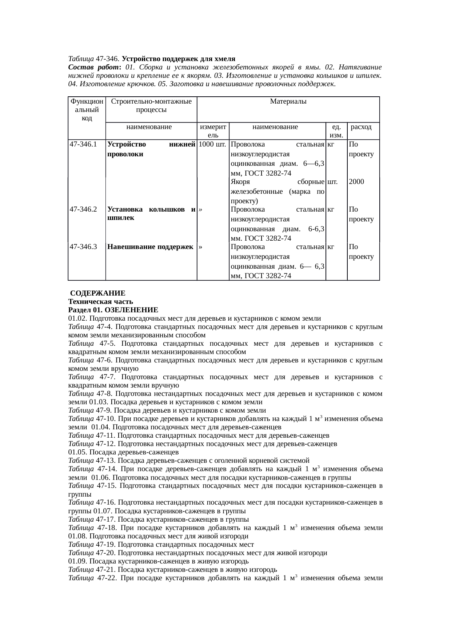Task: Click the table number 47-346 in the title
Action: (108, 59)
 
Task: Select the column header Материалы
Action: (288, 102)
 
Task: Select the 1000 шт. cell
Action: (212, 144)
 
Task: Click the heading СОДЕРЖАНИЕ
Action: (98, 293)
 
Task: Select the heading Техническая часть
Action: (100, 302)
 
